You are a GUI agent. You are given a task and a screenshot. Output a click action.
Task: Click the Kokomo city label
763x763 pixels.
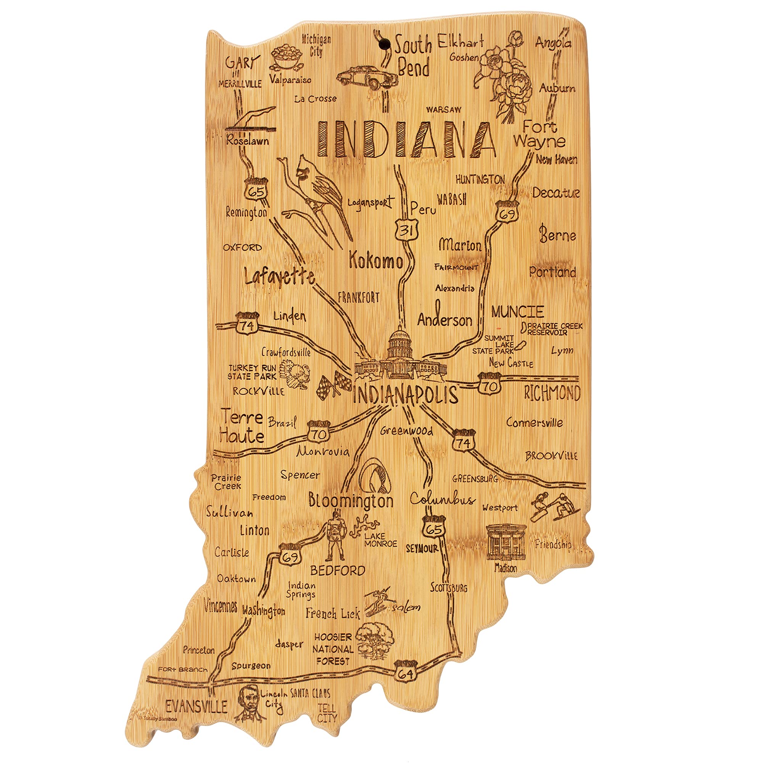pyautogui.click(x=375, y=261)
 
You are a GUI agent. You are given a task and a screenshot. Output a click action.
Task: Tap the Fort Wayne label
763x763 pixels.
pyautogui.click(x=539, y=135)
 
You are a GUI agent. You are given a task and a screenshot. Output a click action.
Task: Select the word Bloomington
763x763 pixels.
pyautogui.click(x=351, y=501)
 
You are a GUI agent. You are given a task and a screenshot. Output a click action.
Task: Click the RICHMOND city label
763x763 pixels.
pyautogui.click(x=552, y=393)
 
